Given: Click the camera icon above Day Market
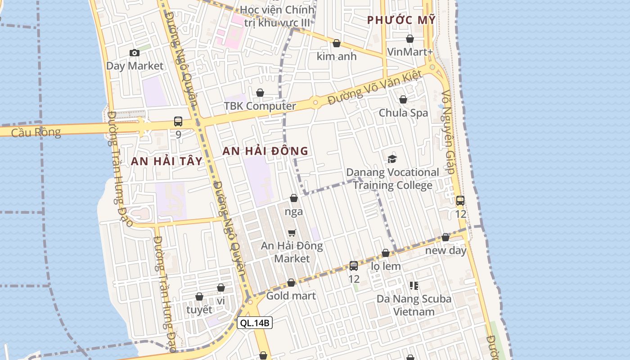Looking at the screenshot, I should [134, 53].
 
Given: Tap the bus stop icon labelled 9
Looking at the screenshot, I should [178, 121].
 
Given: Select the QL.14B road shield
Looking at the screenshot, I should [255, 323].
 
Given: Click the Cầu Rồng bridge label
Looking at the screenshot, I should [36, 132].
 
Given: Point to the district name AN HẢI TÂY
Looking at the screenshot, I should [166, 162].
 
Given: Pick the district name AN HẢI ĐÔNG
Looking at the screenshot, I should [265, 151].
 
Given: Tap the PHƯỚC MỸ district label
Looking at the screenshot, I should [401, 20].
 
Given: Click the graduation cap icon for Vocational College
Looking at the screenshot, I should [392, 159].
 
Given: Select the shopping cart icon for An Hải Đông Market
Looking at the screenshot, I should [292, 233].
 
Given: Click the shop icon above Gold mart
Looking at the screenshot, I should [291, 283].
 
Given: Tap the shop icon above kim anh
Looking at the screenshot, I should [336, 43].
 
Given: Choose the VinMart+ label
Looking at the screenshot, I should [409, 52].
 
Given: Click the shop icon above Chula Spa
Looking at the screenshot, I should [403, 99].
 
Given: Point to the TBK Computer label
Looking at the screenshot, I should [260, 106].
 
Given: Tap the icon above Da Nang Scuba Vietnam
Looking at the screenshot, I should [414, 285].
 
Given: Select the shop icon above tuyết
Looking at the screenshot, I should [199, 297].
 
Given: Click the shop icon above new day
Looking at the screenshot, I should [445, 237].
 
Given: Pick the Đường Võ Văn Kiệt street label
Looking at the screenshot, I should [374, 87].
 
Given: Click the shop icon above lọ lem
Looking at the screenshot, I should [386, 253].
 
